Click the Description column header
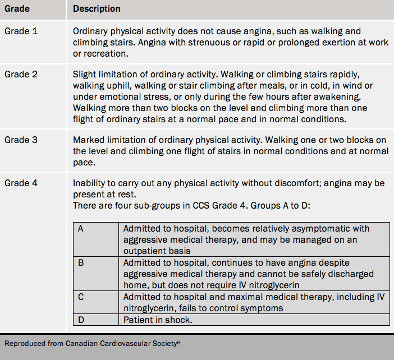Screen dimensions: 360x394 point(97,9)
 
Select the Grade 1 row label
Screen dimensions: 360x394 point(21,31)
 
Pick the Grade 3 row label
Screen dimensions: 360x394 point(21,140)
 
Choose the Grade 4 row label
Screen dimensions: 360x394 point(21,183)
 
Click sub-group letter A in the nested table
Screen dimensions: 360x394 point(81,229)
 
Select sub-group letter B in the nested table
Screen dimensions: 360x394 point(81,262)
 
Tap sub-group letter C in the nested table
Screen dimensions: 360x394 point(81,297)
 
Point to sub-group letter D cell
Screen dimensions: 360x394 point(81,320)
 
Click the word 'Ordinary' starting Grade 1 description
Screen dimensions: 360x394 point(90,31)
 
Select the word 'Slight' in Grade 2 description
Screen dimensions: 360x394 point(84,74)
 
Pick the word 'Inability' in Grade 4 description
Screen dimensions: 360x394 point(89,183)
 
